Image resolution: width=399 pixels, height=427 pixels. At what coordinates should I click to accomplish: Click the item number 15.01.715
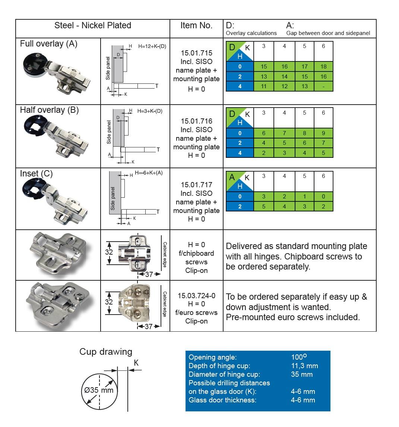pyautogui.click(x=196, y=53)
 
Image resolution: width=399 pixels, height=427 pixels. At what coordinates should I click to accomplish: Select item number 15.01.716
pyautogui.click(x=196, y=121)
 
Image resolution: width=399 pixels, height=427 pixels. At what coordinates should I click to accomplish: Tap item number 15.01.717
pyautogui.click(x=196, y=185)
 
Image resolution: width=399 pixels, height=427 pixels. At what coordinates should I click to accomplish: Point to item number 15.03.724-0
pyautogui.click(x=196, y=296)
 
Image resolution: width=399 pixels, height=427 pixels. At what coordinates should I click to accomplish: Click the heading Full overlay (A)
pyautogui.click(x=49, y=44)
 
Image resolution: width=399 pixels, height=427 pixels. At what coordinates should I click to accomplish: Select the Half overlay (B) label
pyautogui.click(x=50, y=110)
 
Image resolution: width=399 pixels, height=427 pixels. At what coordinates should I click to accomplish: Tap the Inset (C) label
pyautogui.click(x=37, y=174)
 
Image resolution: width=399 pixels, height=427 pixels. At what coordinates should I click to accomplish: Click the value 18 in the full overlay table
pyautogui.click(x=323, y=67)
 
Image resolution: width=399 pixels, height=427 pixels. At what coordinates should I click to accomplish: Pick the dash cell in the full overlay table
pyautogui.click(x=323, y=86)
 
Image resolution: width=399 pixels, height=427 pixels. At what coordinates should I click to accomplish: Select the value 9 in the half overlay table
pyautogui.click(x=323, y=133)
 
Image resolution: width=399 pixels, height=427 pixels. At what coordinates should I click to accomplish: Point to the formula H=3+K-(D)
pyautogui.click(x=150, y=111)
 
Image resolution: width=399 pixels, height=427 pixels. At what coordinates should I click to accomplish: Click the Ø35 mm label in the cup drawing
pyautogui.click(x=99, y=391)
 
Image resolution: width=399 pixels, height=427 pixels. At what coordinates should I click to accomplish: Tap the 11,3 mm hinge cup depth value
pyautogui.click(x=305, y=366)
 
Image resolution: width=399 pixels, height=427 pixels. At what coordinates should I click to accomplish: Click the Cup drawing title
pyautogui.click(x=106, y=352)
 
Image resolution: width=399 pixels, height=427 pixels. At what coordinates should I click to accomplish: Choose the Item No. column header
pyautogui.click(x=196, y=26)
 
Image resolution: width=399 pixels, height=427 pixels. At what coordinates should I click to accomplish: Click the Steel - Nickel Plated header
pyautogui.click(x=93, y=26)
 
